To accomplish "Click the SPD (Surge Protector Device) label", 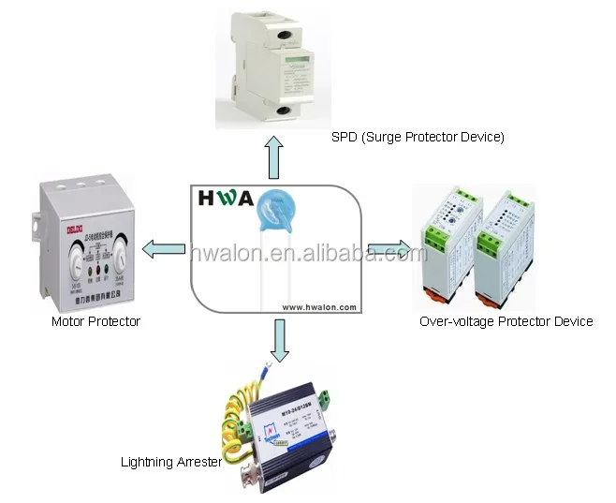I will point(418,137).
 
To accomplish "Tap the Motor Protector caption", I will point(95,321).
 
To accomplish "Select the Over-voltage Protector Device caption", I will point(506,321).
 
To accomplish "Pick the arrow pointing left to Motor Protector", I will point(163,248).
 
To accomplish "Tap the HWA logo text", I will point(225,199).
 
